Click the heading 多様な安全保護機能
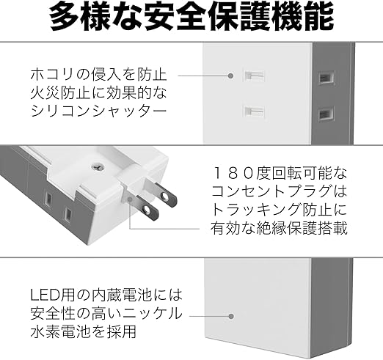pyautogui.click(x=191, y=17)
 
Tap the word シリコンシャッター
pyautogui.click(x=98, y=111)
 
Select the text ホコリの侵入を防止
pyautogui.click(x=98, y=75)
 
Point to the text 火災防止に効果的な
pyautogui.click(x=98, y=93)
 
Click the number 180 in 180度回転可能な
pyautogui.click(x=233, y=173)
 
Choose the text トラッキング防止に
pyautogui.click(x=279, y=210)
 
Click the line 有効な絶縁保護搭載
pyautogui.click(x=279, y=228)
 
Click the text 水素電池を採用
pyautogui.click(x=84, y=331)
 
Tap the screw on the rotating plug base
pyautogui.click(x=97, y=167)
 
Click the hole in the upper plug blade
pyautogui.click(x=164, y=196)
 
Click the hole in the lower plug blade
pyautogui.click(x=147, y=209)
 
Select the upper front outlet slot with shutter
pyautogui.click(x=255, y=76)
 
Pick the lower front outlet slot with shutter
pyautogui.click(x=255, y=111)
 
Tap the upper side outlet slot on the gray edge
pyautogui.click(x=326, y=78)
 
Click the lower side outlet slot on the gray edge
pyautogui.click(x=326, y=114)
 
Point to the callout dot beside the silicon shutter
pyautogui.click(x=230, y=76)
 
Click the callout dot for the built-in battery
pyautogui.click(x=231, y=316)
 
